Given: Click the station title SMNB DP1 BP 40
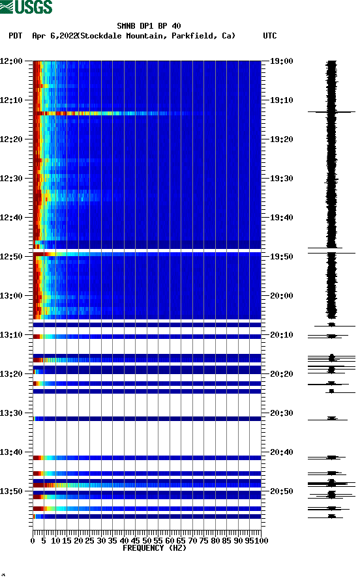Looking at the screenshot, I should point(149,26).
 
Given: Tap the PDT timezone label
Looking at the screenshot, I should point(16,36).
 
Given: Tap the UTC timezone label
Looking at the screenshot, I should point(269,36).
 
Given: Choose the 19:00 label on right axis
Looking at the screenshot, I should point(281,61).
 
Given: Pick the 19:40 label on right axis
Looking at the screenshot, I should point(281,218).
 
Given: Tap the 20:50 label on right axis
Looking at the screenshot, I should point(281,491).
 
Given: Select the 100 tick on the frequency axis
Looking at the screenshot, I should point(262,540).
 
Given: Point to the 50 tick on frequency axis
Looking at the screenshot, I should point(147,540).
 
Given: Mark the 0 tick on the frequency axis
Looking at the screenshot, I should point(33,540).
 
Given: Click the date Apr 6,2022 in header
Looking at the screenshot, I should point(55,36).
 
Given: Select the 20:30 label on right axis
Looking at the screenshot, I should point(281,413).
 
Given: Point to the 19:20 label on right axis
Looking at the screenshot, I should point(281,139).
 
